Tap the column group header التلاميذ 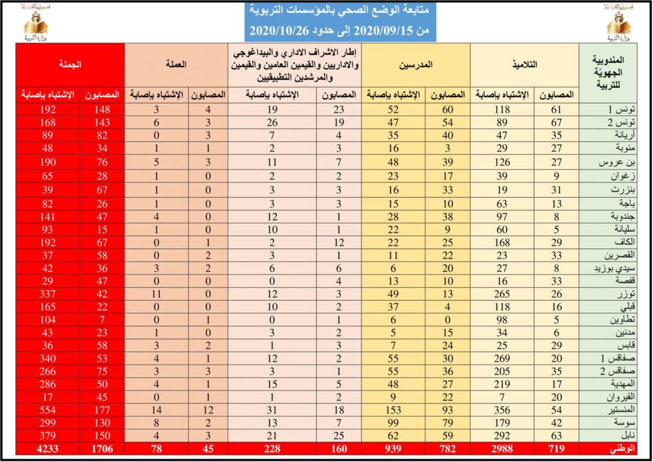(524, 65)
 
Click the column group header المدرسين (416, 65)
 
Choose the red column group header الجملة (71, 65)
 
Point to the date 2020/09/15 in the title (383, 31)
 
